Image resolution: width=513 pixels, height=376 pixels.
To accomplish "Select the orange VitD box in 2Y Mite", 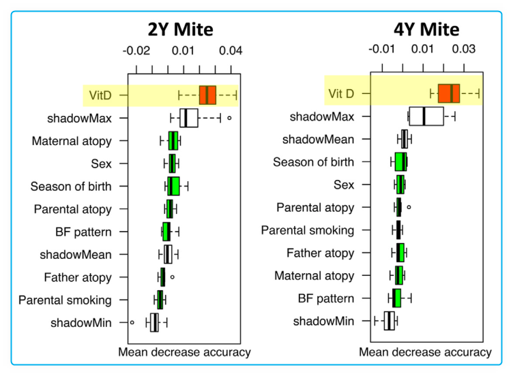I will tap(207, 95).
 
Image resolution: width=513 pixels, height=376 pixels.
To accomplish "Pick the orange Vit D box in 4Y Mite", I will tap(449, 93).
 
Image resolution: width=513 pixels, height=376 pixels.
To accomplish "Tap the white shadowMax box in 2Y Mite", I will tap(189, 118).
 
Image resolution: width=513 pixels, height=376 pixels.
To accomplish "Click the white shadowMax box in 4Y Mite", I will tap(426, 116).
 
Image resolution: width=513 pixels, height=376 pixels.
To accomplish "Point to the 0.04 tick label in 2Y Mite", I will tap(230, 50).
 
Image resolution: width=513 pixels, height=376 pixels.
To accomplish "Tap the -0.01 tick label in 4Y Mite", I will tap(381, 50).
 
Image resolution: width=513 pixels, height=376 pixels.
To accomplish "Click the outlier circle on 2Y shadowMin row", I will tap(132, 322).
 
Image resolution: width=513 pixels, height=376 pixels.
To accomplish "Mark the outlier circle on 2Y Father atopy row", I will tap(172, 277).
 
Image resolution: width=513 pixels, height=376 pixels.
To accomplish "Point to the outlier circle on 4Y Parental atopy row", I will tap(409, 206).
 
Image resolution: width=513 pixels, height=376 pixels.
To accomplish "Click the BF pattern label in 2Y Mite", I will tap(83, 232).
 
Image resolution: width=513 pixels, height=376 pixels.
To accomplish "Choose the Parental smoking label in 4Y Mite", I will tap(308, 230).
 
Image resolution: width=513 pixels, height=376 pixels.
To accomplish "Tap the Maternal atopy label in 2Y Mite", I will tap(72, 142).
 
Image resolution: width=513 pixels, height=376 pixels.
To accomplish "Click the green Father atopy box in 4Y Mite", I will tap(401, 253).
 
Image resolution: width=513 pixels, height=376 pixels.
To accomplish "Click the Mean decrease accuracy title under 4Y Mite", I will tap(425, 353).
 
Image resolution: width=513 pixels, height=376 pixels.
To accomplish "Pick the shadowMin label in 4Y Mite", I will tap(324, 321).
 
